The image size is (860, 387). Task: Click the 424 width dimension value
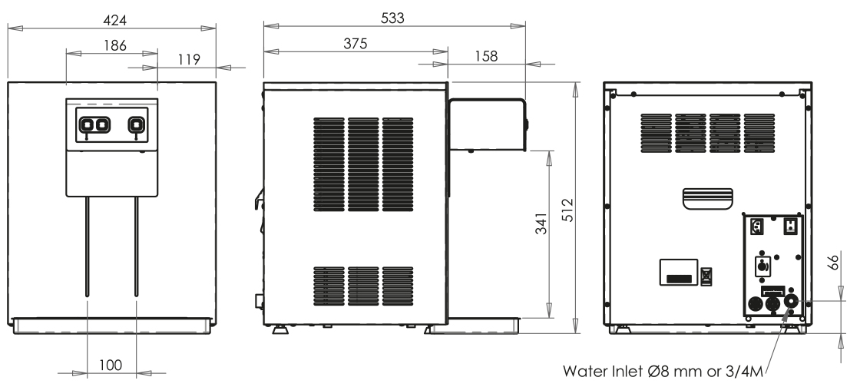[114, 20]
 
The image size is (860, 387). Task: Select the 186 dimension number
[114, 45]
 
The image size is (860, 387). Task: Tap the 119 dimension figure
[189, 59]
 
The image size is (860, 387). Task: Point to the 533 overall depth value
[392, 18]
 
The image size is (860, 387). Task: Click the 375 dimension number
[355, 44]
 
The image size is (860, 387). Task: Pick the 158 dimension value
[486, 56]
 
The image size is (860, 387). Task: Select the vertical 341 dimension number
[541, 223]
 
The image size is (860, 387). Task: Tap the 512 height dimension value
[567, 210]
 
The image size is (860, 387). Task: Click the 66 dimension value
[833, 262]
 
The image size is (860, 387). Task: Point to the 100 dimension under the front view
[111, 365]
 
